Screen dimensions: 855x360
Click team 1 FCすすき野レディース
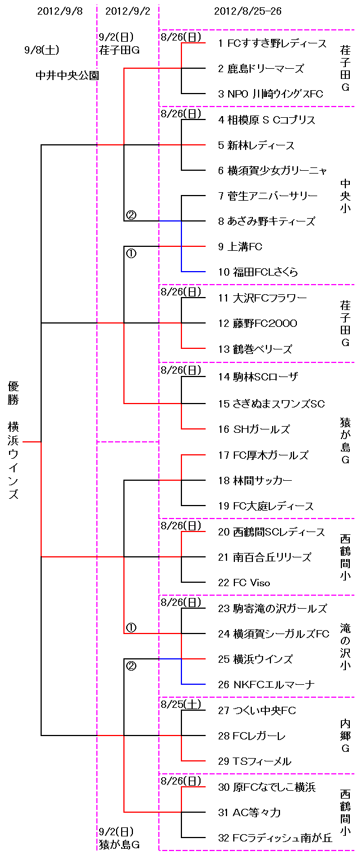(x=272, y=43)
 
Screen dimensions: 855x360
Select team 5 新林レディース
(x=256, y=145)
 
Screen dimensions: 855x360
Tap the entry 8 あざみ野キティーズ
(x=266, y=221)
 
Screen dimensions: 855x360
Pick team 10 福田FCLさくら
(x=258, y=272)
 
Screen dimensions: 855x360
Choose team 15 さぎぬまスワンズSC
(x=272, y=404)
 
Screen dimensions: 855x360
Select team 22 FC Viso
(x=244, y=583)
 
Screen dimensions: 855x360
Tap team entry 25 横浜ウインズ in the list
(x=255, y=659)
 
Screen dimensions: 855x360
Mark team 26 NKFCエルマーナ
(x=266, y=685)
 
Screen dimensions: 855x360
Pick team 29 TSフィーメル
(x=255, y=761)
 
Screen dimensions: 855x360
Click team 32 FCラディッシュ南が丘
(x=275, y=838)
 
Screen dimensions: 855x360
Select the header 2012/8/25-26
(x=248, y=11)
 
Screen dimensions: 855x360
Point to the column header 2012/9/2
(x=128, y=11)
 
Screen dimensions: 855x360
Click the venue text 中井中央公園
(x=64, y=75)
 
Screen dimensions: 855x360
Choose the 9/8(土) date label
(x=42, y=50)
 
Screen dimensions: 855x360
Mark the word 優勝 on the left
(x=14, y=393)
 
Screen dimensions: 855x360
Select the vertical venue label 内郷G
(x=345, y=736)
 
